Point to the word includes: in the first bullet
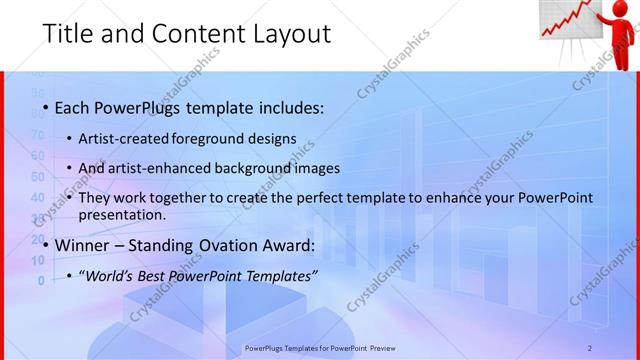point(290,107)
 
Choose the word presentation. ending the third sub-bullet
point(122,214)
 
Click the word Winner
point(84,245)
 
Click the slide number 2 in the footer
point(589,347)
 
